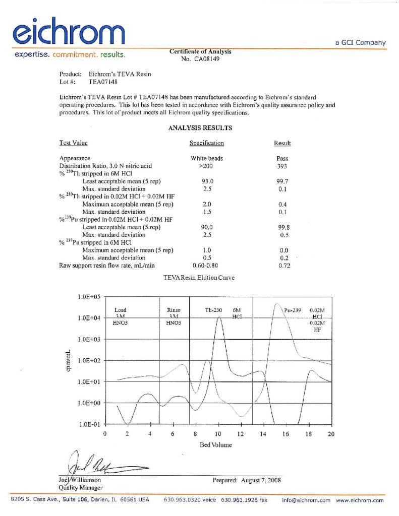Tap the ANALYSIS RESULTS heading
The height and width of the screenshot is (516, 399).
(200, 128)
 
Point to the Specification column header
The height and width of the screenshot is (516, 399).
(206, 143)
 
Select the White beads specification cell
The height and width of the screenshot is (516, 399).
(206, 158)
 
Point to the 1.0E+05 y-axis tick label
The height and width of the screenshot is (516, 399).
(89, 297)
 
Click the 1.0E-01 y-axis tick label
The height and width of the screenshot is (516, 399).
(89, 424)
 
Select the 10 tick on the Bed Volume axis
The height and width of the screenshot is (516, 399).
(218, 433)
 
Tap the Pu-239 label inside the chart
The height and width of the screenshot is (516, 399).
(293, 310)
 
